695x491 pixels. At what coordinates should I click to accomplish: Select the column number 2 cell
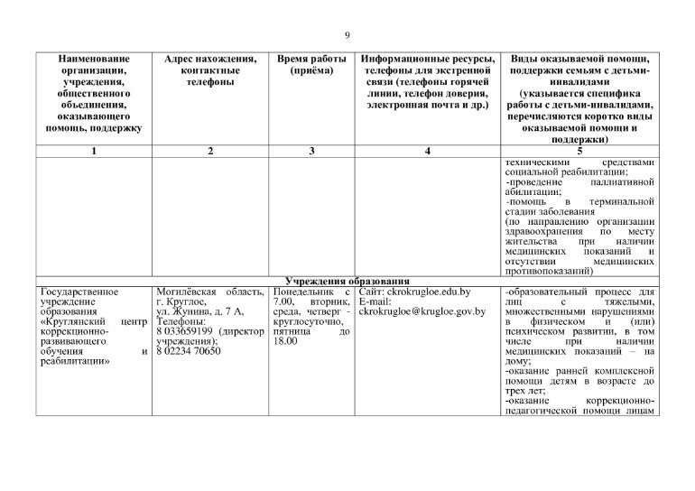[x=209, y=152]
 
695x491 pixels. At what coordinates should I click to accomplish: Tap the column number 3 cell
[x=310, y=152]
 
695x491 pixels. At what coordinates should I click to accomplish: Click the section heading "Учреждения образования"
[x=347, y=282]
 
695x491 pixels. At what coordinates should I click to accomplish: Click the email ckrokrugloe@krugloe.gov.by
[x=422, y=312]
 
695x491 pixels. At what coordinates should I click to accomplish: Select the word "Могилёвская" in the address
[x=183, y=292]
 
